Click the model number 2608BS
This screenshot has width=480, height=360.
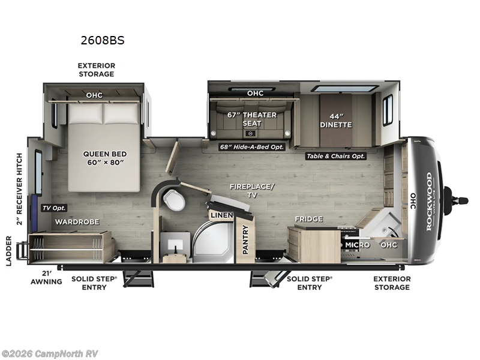(x=102, y=41)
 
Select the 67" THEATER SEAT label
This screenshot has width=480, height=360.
(x=252, y=119)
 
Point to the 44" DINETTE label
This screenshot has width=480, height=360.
(x=335, y=120)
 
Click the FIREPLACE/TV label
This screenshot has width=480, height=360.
(x=251, y=191)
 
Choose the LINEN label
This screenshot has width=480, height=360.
(x=218, y=215)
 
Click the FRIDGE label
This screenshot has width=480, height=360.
(x=308, y=219)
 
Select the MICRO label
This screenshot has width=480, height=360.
(x=356, y=245)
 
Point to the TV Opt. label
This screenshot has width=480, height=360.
(x=54, y=208)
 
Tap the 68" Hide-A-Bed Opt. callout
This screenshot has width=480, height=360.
(x=251, y=146)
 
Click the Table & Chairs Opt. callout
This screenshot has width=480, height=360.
(x=336, y=156)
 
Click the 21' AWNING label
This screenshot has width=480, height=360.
(x=47, y=277)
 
